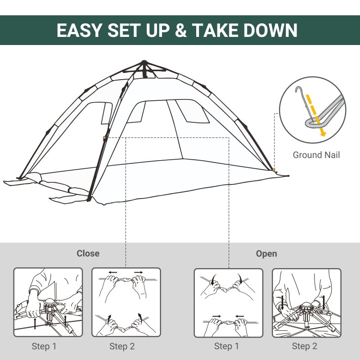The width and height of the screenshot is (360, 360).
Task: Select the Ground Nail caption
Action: coord(316,155)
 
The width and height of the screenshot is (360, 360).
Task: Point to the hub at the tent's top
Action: coord(144,64)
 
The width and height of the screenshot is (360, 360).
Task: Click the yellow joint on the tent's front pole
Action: coord(105,138)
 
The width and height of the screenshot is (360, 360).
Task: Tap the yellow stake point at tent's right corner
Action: coord(274,170)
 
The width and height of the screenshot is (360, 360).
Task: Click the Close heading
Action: coord(88,254)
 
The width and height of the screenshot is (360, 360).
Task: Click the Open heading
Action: coord(266,254)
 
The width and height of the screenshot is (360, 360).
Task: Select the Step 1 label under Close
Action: coord(44,346)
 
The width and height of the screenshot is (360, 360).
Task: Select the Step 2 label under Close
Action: coord(122,346)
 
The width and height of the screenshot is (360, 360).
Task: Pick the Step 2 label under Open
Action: coord(304,346)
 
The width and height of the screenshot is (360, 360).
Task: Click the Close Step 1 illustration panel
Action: coord(48,302)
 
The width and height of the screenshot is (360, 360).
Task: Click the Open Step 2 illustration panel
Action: coord(306,302)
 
